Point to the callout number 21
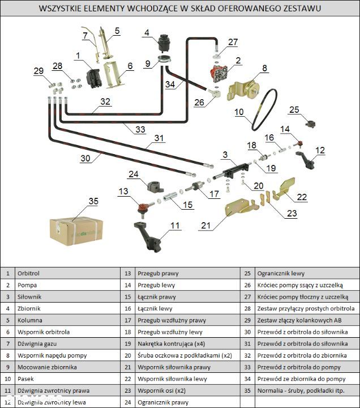(205, 226)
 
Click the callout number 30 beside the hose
(85, 159)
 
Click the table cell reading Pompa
(27, 285)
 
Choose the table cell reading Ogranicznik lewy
(281, 273)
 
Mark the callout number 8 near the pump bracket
(264, 69)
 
